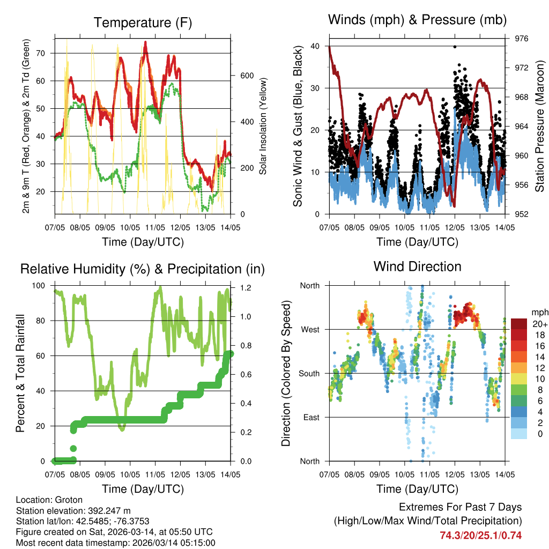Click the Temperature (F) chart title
tap(143, 23)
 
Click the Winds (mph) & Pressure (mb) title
tap(417, 20)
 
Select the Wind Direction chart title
tap(417, 266)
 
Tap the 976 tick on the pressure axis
tap(521, 39)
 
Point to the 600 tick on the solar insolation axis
tap(246, 76)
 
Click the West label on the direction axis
tap(309, 330)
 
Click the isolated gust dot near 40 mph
tap(455, 47)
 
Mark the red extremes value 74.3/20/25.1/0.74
tap(480, 535)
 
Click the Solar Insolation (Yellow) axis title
tap(263, 127)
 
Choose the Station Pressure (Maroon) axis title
tap(540, 127)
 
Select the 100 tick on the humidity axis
tap(40, 286)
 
